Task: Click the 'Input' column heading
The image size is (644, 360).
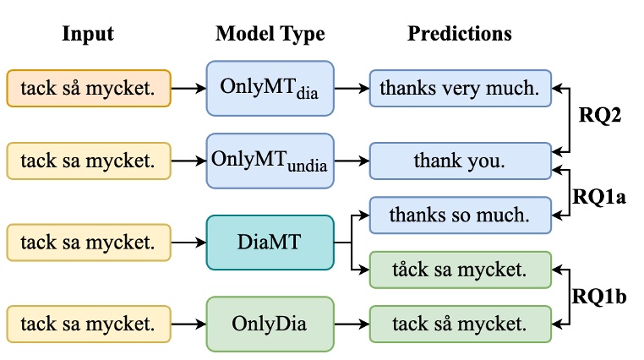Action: point(88,35)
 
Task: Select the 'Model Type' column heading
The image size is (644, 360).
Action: point(270,35)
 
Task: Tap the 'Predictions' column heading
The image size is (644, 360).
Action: point(459,35)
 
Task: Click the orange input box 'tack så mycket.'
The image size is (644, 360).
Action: point(89,88)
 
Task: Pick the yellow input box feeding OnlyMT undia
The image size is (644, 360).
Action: point(89,160)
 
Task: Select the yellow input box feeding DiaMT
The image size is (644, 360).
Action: point(89,243)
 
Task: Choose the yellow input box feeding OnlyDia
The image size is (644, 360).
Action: point(89,324)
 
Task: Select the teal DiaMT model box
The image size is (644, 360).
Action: point(270,243)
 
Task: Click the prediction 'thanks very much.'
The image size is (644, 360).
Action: point(460,87)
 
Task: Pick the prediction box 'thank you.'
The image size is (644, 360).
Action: point(460,160)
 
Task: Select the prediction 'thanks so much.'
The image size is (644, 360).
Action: point(460,215)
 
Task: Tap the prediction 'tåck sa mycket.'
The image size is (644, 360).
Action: point(460,270)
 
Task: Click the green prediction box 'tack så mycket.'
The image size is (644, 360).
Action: point(460,324)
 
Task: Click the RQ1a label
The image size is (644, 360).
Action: point(598,196)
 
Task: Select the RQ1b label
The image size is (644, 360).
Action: point(598,297)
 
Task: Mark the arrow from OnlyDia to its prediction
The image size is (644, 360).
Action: point(350,324)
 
